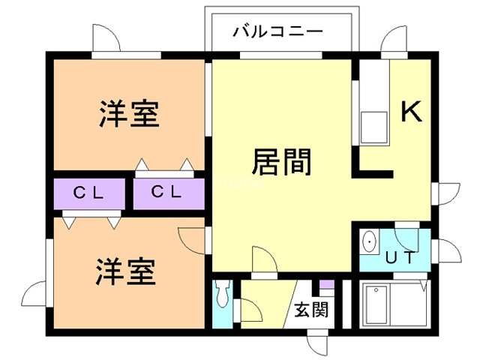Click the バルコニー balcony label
[277, 31]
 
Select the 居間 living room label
[281, 161]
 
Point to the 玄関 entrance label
[309, 309]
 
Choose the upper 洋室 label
[128, 115]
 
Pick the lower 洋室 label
[125, 271]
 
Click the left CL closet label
[88, 192]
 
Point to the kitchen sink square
[373, 128]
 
